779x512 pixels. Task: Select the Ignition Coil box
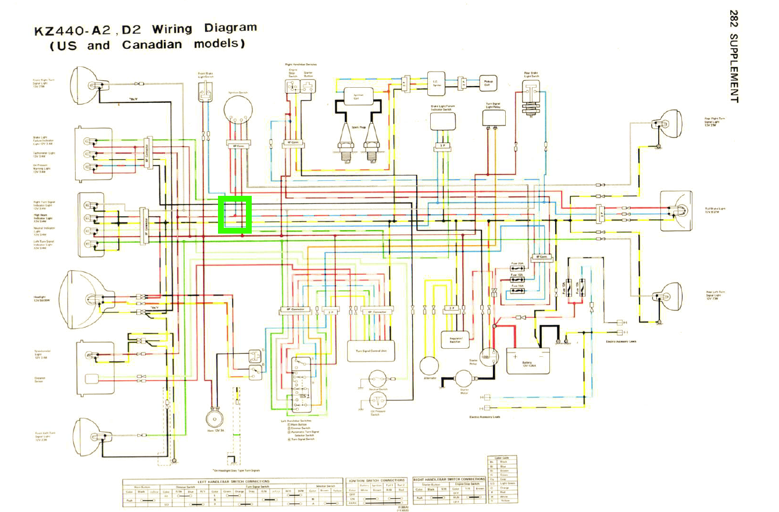(358, 97)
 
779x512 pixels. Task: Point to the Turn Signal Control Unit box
(370, 350)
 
